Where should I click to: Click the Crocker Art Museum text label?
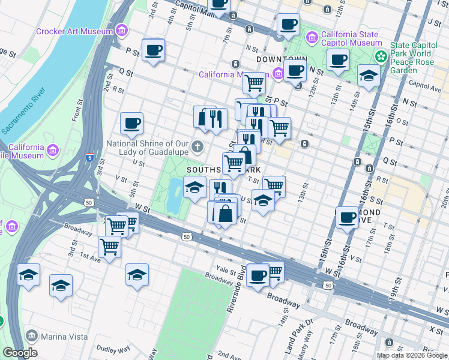[74, 31]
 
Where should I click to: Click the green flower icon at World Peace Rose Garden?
[381, 56]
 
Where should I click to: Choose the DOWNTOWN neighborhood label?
[282, 60]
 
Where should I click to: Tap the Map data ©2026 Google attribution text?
[412, 355]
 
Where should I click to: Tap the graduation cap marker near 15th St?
[368, 76]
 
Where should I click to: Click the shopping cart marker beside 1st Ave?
[110, 245]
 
